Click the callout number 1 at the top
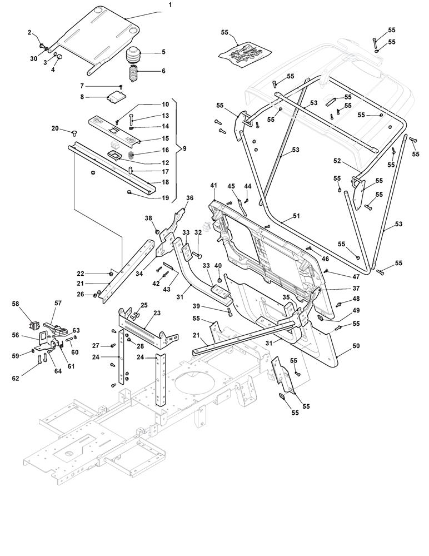170,4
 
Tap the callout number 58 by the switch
16,304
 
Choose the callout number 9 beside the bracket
184,149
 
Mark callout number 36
189,198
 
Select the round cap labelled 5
134,56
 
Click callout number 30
33,59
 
